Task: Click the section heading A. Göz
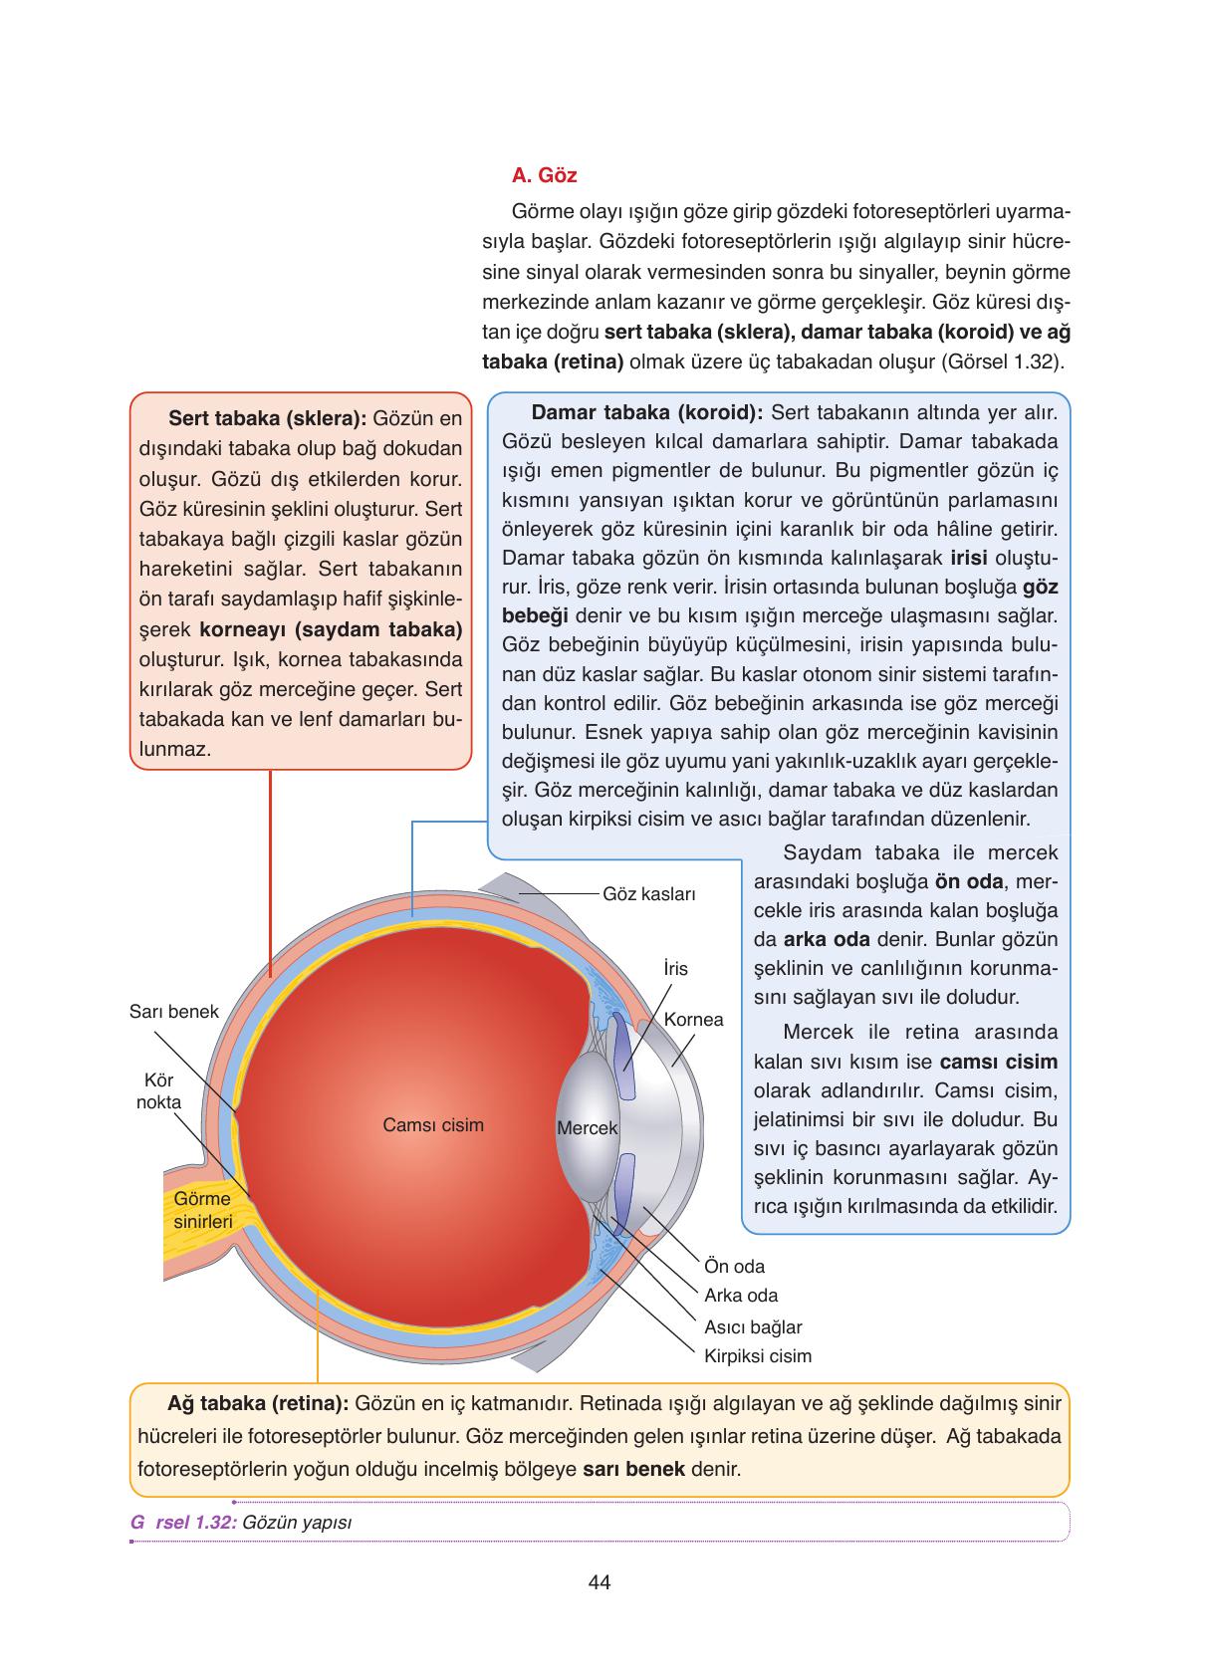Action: (544, 176)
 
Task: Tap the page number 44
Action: (600, 1581)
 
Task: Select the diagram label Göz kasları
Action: (648, 893)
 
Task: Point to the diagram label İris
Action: (674, 968)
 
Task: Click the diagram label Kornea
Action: (693, 1020)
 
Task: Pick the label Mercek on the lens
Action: (587, 1128)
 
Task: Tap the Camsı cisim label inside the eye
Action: (433, 1125)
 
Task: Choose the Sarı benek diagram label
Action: (173, 1012)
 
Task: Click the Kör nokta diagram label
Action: (158, 1091)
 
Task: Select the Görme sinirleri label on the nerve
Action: (202, 1210)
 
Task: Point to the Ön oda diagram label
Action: (734, 1267)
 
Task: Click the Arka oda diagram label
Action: (741, 1296)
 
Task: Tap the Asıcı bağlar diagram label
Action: (753, 1326)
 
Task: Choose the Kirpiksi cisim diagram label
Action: (757, 1355)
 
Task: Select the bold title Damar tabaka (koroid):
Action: (647, 412)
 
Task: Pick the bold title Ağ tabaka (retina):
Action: (257, 1403)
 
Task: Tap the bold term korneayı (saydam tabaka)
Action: (331, 629)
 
